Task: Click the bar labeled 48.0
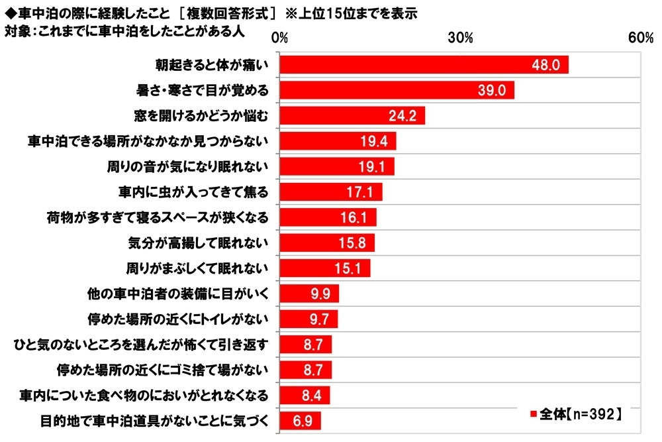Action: click(x=424, y=65)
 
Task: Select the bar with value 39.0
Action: click(x=397, y=90)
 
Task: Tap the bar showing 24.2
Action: click(x=352, y=116)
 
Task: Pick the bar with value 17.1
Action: click(x=331, y=192)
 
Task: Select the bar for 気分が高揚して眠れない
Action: click(x=327, y=243)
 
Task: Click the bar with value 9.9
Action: click(x=309, y=294)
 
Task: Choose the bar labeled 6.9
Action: click(x=300, y=421)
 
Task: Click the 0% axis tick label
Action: click(x=279, y=38)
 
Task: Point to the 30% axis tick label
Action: click(x=460, y=38)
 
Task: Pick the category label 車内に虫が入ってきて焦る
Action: click(x=193, y=192)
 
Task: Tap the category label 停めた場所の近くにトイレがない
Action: click(x=178, y=319)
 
